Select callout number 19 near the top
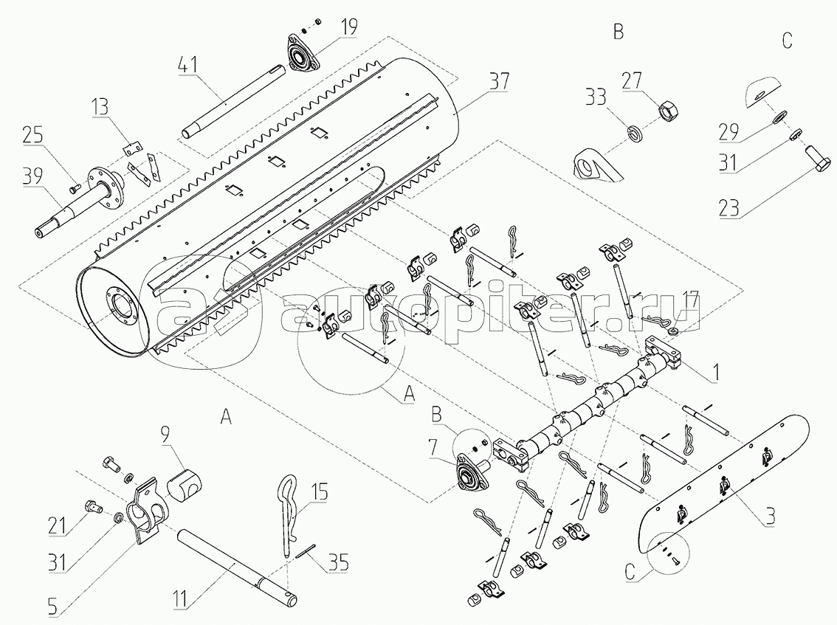click(350, 27)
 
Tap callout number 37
click(499, 82)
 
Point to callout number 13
click(100, 107)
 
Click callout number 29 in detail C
click(730, 132)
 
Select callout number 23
click(729, 208)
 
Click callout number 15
click(320, 491)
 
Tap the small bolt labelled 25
click(75, 187)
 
